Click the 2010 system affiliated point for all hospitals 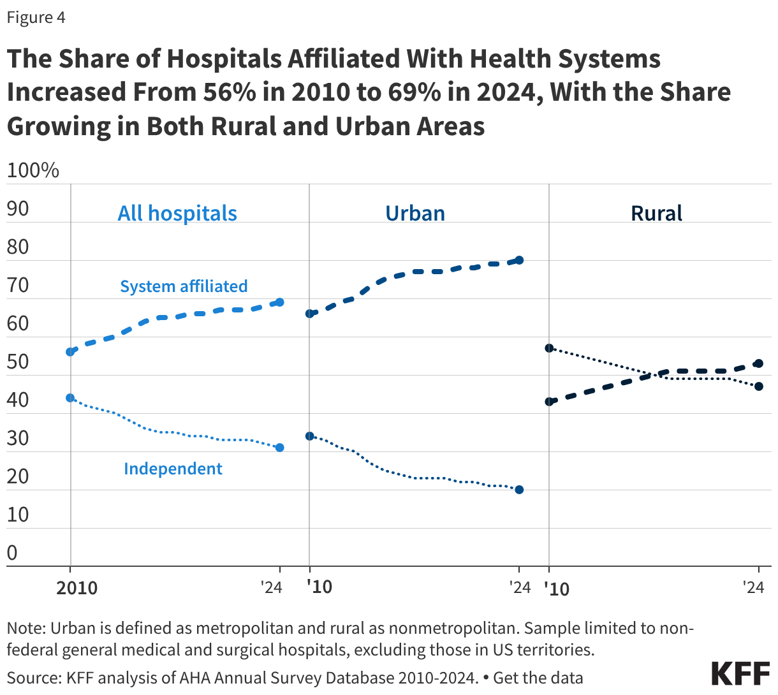click(x=70, y=351)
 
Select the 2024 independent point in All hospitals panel click(x=279, y=448)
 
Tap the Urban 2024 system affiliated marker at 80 click(x=519, y=260)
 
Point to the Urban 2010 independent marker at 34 click(x=309, y=436)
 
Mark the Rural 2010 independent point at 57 click(x=549, y=348)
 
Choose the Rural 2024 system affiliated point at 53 click(x=758, y=363)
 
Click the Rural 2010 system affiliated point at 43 click(x=549, y=402)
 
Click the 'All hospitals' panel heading click(x=177, y=213)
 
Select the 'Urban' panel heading click(x=415, y=213)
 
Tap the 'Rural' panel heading click(x=656, y=213)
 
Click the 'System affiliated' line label click(x=184, y=286)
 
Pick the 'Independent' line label click(x=173, y=469)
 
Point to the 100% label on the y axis click(x=33, y=170)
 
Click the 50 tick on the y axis click(x=18, y=362)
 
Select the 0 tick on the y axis click(x=12, y=553)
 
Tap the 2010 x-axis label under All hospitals click(x=77, y=587)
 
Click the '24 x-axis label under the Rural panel click(x=753, y=587)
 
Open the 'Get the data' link click(x=538, y=677)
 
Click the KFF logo click(x=740, y=674)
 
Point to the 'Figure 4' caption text click(x=36, y=17)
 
